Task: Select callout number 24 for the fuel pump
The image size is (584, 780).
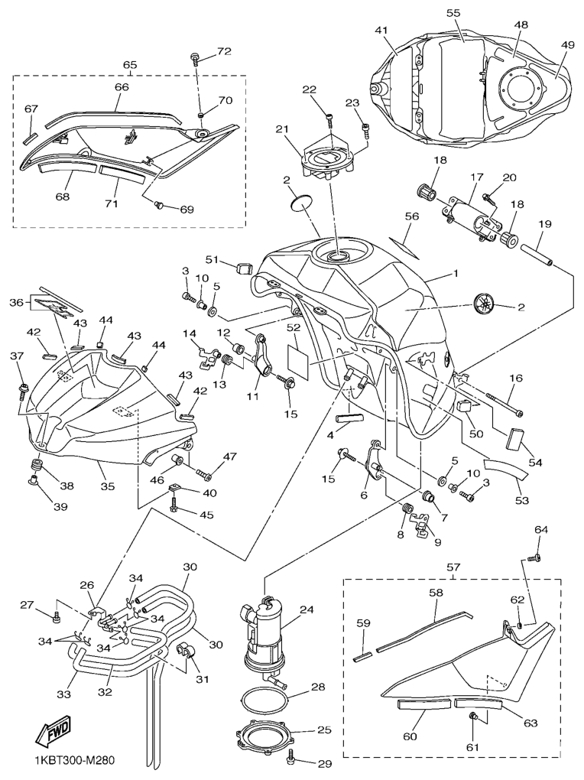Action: [x=307, y=609]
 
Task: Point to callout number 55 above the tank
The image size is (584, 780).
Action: [x=453, y=14]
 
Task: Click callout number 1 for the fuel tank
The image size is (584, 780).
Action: [x=456, y=273]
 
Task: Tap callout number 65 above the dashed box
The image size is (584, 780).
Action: [x=130, y=66]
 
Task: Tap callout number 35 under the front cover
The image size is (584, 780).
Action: [x=108, y=486]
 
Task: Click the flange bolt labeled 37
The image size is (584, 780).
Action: [x=22, y=391]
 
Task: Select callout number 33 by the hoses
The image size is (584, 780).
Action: [x=63, y=695]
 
